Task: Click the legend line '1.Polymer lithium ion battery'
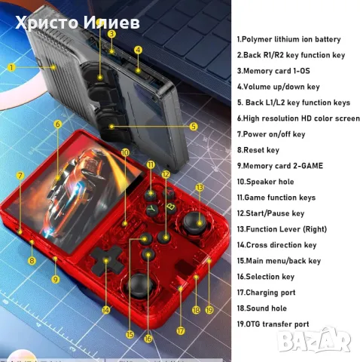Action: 288,39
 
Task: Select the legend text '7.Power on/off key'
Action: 271,134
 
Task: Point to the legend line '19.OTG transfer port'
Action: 273,324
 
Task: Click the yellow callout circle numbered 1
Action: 12,66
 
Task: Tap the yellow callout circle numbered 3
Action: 111,34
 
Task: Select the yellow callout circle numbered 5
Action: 193,127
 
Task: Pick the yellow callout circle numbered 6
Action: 57,123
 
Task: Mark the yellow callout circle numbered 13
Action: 200,186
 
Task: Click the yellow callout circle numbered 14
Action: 106,310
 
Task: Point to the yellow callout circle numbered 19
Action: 209,309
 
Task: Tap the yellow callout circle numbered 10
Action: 125,152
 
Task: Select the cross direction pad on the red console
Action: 105,262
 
